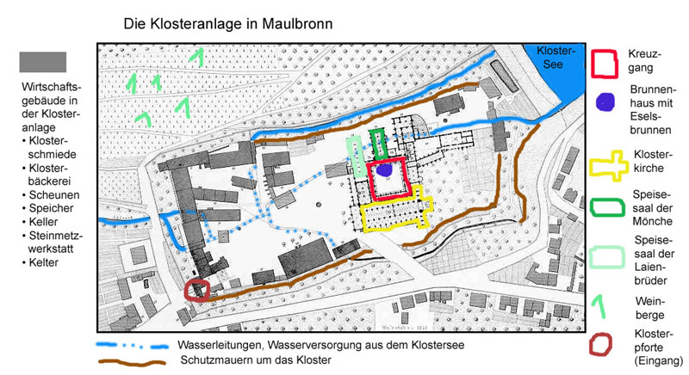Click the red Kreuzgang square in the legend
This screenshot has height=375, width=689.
[x=606, y=63]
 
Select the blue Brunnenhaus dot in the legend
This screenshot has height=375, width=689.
[x=607, y=102]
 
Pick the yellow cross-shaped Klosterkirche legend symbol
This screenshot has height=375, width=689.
[x=607, y=164]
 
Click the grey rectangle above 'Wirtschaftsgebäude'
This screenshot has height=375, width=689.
[x=43, y=62]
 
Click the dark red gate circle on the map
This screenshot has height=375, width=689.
[x=197, y=290]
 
